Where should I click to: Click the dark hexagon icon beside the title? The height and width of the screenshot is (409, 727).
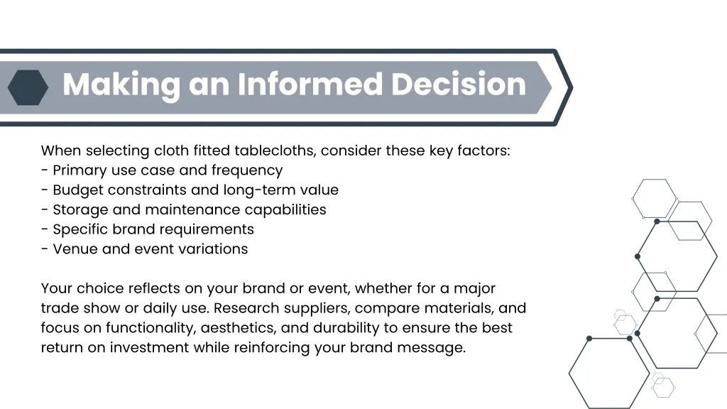28,87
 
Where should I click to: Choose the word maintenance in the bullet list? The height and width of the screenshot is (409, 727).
193,209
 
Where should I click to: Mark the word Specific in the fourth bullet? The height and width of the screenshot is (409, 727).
79,229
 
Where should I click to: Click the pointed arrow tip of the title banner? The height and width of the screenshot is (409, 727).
568,87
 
